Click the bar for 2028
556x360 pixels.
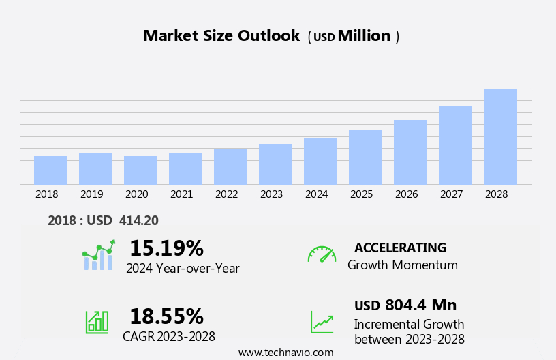500,136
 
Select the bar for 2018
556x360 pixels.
50,170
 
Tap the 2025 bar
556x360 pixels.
365,157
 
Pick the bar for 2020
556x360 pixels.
140,170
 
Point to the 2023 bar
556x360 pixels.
275,164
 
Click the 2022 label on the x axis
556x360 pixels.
226,194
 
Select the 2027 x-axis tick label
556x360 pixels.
451,194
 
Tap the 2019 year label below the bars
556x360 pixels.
91,194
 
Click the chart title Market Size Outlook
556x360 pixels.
221,36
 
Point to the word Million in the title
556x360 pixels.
364,36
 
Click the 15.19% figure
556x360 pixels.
166,248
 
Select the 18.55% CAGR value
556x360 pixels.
166,316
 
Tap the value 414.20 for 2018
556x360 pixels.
138,220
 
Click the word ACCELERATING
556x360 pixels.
400,247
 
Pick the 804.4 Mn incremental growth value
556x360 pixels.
420,305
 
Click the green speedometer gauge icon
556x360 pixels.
322,254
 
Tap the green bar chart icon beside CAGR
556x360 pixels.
97,322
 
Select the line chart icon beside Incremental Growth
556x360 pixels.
322,322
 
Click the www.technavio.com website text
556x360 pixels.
285,352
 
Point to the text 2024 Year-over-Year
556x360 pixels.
183,269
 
